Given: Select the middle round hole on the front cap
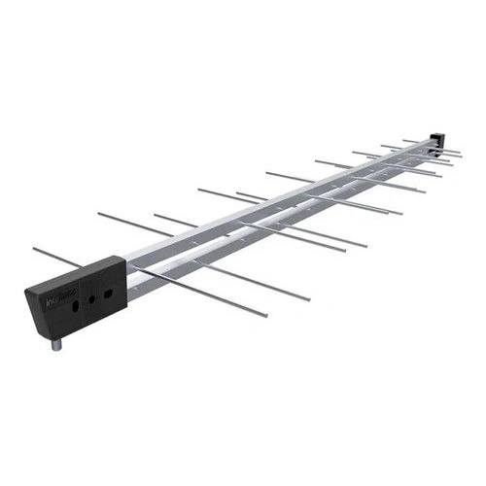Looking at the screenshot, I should [92, 299].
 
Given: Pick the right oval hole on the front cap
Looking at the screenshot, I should [109, 291].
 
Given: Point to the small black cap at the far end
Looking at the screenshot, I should [438, 140].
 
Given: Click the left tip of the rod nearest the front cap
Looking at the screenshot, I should [33, 249].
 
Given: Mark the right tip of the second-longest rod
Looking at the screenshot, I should [310, 298].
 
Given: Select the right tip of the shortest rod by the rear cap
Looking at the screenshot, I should [462, 152].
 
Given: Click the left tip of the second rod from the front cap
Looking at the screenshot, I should [98, 213].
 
